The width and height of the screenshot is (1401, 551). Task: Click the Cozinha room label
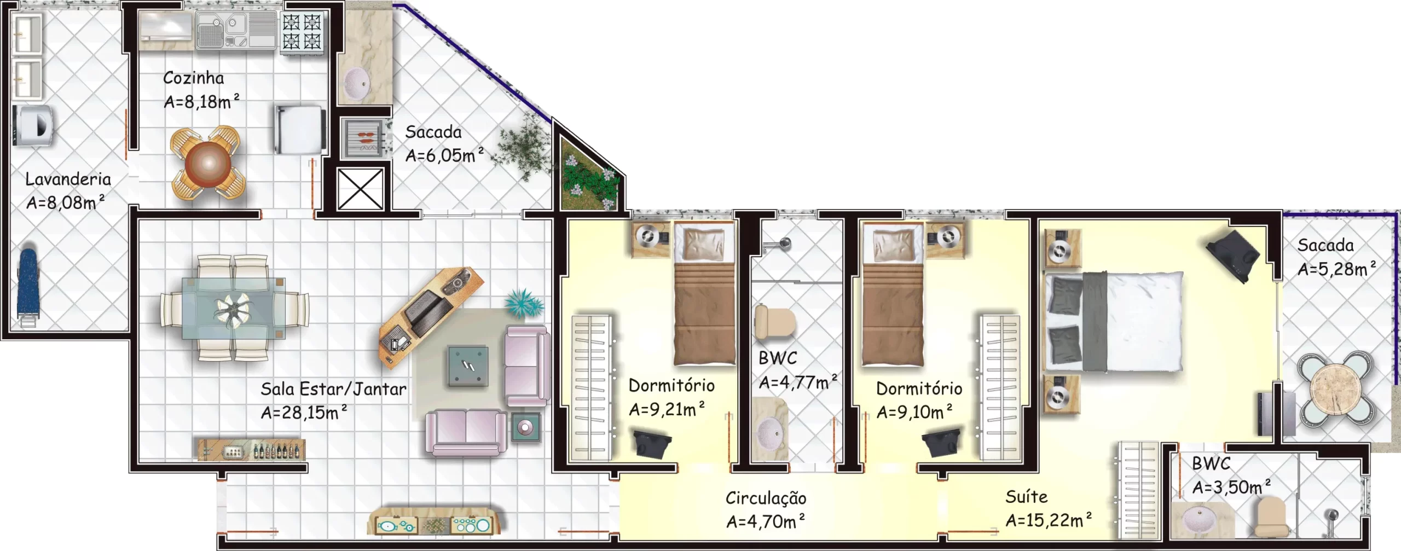[194, 78]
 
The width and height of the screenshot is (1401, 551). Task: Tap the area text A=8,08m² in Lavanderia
[66, 202]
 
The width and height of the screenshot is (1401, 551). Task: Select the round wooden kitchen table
[208, 163]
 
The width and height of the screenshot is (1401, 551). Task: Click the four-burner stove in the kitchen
[302, 32]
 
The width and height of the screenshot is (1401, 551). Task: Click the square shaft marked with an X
[360, 189]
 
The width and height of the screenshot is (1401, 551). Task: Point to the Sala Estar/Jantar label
[333, 389]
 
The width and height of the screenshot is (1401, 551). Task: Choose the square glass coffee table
[468, 366]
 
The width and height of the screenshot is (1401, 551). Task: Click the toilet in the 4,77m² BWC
[774, 322]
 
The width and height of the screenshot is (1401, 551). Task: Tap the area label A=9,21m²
[667, 409]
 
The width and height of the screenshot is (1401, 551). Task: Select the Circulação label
[766, 498]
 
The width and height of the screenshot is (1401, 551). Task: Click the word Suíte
[1026, 497]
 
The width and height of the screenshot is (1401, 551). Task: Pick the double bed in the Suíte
[1114, 321]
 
